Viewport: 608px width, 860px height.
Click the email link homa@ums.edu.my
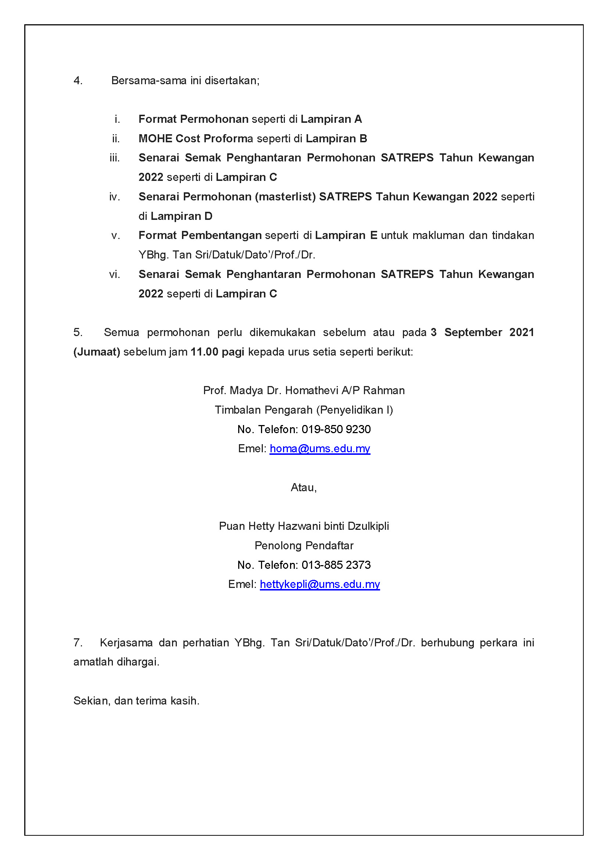[320, 449]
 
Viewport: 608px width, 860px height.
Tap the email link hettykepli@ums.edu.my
[320, 584]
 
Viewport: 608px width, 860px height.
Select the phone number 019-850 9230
[336, 429]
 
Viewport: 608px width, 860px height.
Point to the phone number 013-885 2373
[336, 565]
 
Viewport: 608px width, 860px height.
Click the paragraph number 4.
[78, 81]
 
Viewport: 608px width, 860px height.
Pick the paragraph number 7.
[78, 643]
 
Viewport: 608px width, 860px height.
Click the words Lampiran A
[331, 119]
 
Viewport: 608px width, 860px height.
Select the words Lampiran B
[336, 139]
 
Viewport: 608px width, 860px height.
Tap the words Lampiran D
[181, 216]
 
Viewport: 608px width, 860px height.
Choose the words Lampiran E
[346, 235]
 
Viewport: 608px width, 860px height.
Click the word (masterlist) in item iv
[285, 197]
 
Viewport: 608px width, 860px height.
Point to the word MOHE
[155, 139]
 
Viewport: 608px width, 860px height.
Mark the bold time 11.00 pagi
[217, 352]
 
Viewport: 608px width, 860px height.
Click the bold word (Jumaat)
[97, 352]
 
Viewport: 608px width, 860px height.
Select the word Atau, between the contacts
[304, 488]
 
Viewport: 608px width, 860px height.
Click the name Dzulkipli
[368, 526]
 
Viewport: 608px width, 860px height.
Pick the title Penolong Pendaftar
[304, 546]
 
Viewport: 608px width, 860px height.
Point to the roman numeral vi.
[115, 275]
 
